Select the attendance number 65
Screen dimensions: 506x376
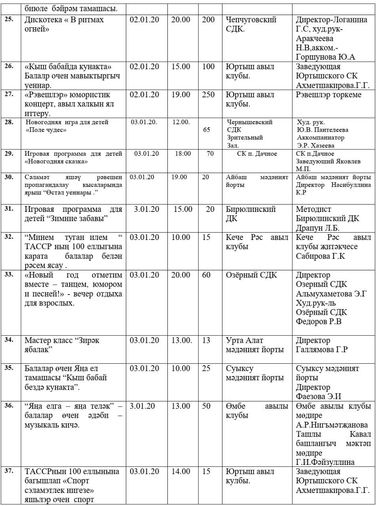click(206, 129)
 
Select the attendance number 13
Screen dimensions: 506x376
click(206, 340)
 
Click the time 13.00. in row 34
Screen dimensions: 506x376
click(182, 340)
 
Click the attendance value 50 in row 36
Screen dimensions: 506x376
click(206, 406)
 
